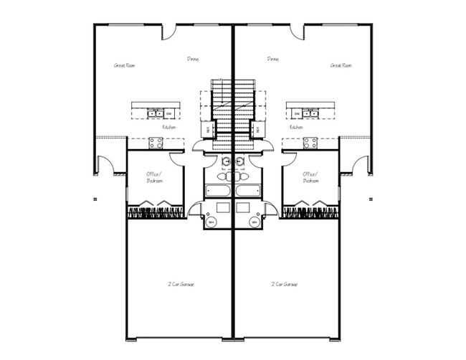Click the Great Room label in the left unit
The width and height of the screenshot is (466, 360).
[x=125, y=65]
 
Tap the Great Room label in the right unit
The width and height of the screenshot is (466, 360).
[x=341, y=65]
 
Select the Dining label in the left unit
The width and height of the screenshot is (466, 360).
[x=193, y=59]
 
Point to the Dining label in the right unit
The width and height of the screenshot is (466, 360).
[x=272, y=59]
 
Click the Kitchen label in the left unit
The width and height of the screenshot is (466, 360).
[x=169, y=127]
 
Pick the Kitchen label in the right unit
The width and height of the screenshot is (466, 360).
[x=296, y=127]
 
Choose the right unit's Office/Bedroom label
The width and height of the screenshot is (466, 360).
[x=310, y=177]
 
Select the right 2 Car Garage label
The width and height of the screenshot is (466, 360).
[x=285, y=284]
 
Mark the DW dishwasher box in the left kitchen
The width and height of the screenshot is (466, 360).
[x=168, y=113]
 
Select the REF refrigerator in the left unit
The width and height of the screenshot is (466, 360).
[x=209, y=130]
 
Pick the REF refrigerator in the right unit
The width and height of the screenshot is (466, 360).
[x=257, y=130]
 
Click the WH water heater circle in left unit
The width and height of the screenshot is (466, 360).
[x=211, y=222]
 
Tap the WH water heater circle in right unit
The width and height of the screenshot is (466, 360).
[x=254, y=222]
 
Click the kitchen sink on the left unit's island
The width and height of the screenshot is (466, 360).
[x=153, y=113]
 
